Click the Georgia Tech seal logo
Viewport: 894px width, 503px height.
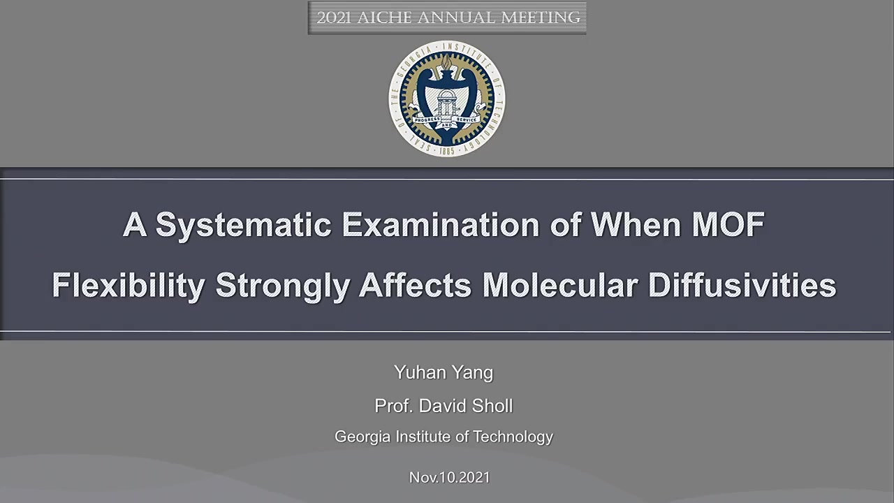click(x=446, y=99)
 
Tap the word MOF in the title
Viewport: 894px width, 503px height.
click(x=728, y=224)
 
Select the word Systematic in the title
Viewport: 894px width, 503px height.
click(x=244, y=224)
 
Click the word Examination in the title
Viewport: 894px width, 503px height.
click(x=440, y=224)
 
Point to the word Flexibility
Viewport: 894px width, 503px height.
click(x=129, y=285)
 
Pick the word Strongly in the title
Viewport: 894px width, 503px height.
click(x=283, y=285)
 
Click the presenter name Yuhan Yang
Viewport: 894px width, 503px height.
click(x=444, y=373)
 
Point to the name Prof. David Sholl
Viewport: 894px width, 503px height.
click(x=444, y=406)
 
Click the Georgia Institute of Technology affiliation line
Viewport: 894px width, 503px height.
click(x=444, y=437)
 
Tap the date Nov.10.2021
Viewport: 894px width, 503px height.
click(x=449, y=477)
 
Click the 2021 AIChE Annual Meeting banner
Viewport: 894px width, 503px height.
click(x=447, y=18)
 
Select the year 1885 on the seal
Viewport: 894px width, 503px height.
click(x=447, y=151)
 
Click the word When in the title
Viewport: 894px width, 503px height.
click(x=636, y=224)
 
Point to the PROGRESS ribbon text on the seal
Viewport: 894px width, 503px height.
click(x=427, y=119)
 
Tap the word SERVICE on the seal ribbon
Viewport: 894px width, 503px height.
click(x=466, y=119)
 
